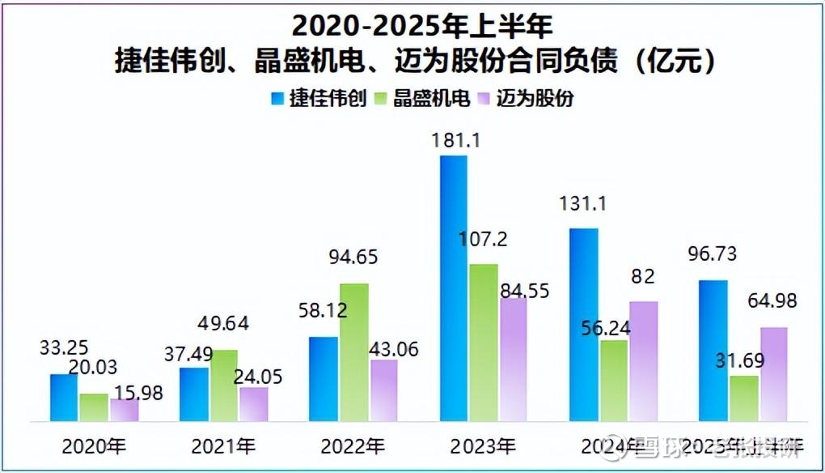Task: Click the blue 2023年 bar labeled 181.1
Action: (x=454, y=288)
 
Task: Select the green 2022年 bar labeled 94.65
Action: (x=354, y=352)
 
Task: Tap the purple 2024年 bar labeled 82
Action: (x=643, y=361)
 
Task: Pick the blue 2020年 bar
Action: (x=64, y=398)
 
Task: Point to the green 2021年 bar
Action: (x=224, y=386)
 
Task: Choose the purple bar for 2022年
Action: (x=383, y=390)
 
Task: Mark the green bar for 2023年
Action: (x=484, y=343)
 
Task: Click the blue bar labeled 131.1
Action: (x=583, y=325)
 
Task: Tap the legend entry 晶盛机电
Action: (x=422, y=99)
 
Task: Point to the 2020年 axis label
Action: (x=94, y=445)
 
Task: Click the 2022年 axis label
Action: (x=352, y=445)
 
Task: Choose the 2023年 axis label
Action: (x=482, y=445)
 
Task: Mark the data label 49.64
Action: (x=222, y=324)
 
